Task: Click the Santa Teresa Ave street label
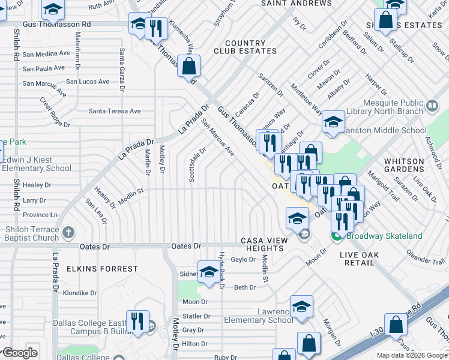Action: (115, 111)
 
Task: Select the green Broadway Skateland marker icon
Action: (337, 236)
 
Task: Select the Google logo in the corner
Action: (19, 352)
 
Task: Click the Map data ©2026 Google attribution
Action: (412, 355)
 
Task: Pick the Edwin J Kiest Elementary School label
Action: (37, 164)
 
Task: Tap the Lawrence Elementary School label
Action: (259, 316)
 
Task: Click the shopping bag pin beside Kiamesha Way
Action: (188, 67)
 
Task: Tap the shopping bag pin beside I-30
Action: (397, 324)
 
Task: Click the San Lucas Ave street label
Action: (88, 82)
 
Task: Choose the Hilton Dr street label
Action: (194, 344)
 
